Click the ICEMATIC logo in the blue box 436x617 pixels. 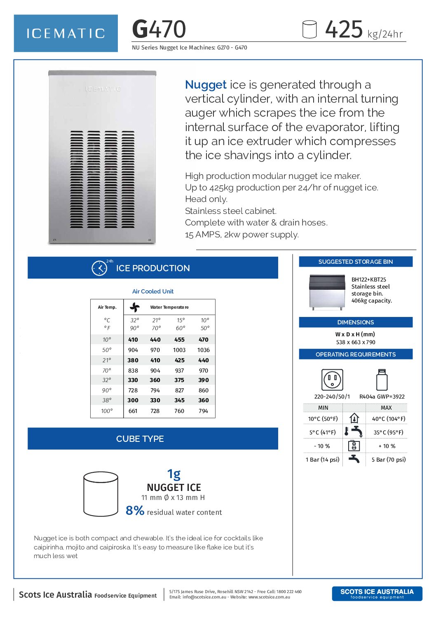point(66,33)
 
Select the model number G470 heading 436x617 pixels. point(159,29)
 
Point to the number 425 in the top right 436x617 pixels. point(344,30)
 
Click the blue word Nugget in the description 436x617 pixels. point(206,85)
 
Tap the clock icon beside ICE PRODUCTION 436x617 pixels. point(99,268)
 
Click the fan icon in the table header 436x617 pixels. point(135,307)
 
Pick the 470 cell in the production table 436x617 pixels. point(204,340)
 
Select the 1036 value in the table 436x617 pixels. point(204,350)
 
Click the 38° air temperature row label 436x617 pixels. point(107,400)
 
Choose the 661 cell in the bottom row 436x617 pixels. point(133,411)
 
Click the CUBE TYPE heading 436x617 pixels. point(140,439)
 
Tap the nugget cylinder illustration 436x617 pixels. point(101,494)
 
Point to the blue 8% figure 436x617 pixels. point(135,511)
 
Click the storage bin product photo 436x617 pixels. point(327,292)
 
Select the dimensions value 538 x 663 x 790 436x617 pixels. point(356,342)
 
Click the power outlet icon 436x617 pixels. point(332,380)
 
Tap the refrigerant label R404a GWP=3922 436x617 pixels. point(382,396)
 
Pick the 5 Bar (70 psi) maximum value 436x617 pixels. point(389,460)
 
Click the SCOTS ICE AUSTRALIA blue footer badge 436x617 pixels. point(377,594)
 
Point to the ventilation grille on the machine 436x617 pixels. point(102,179)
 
